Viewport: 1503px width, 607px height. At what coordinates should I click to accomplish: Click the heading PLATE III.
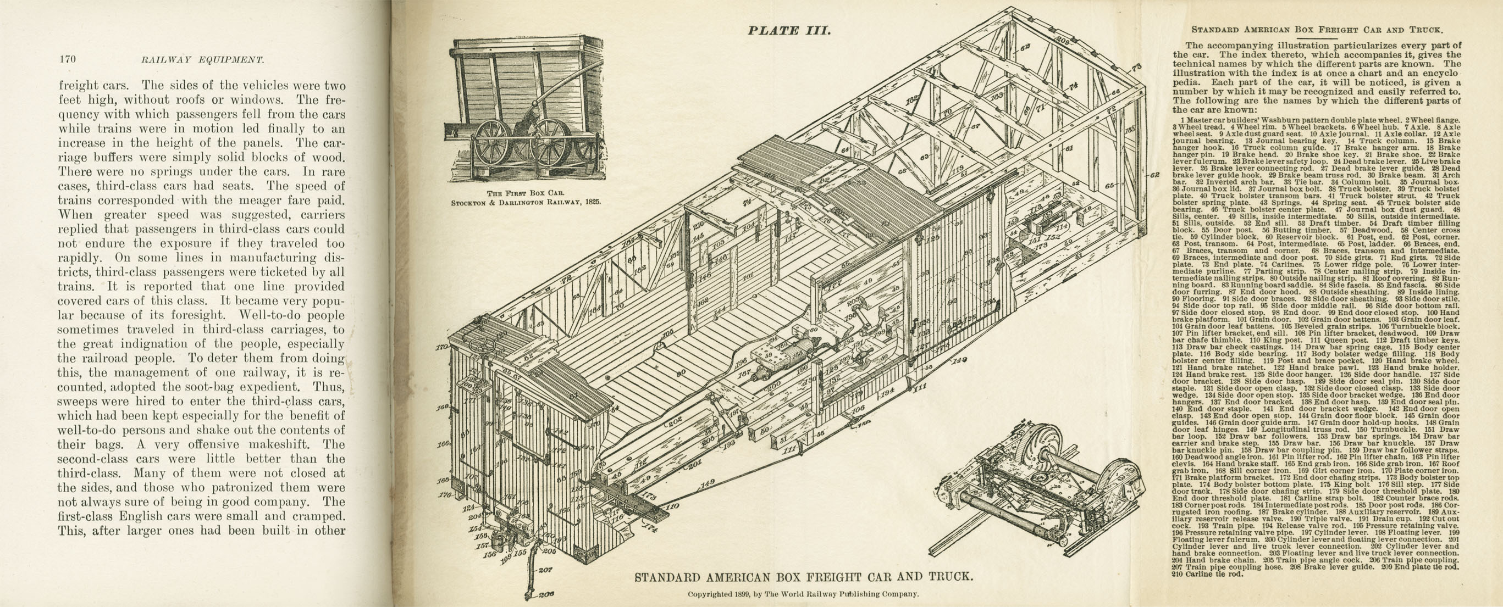click(x=789, y=30)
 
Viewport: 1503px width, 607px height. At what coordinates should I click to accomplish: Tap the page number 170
click(x=67, y=59)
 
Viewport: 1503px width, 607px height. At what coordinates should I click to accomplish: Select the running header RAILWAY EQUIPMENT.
click(x=202, y=59)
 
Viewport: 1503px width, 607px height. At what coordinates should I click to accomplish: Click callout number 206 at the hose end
click(x=546, y=594)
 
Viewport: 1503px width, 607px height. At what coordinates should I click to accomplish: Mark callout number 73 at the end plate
click(x=1136, y=66)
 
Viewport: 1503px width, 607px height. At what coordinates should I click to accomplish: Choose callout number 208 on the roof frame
click(x=1062, y=41)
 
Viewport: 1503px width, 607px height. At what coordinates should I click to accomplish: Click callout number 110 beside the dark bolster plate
click(x=672, y=506)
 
